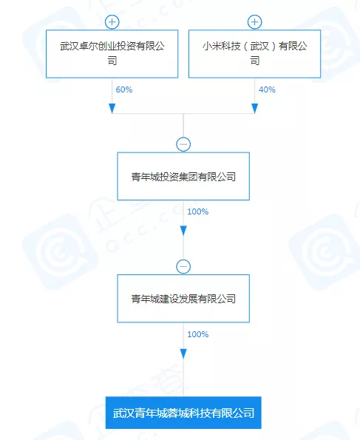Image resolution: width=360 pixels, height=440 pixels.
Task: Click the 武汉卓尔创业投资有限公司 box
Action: coord(112,54)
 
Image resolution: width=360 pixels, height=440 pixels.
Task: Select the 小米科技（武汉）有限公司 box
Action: coord(254,54)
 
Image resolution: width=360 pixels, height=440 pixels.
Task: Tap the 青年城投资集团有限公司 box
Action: coord(183,176)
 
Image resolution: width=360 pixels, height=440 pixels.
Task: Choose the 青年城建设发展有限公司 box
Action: coord(183,299)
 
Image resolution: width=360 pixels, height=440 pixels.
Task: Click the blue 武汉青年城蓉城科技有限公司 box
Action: coord(183,413)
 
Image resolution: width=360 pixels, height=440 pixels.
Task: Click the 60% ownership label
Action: coord(124,89)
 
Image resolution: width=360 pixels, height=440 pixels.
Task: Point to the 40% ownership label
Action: coord(267,89)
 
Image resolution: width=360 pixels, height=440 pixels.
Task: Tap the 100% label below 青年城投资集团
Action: coord(198,211)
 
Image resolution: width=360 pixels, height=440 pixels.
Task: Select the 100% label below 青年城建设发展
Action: coord(198,334)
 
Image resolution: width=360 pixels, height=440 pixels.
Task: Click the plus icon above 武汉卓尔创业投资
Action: coord(112,22)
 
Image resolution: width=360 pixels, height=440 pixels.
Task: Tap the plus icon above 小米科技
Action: coord(254,22)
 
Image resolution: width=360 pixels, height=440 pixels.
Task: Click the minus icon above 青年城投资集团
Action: coord(183,144)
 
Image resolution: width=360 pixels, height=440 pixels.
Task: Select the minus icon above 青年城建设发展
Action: coord(183,266)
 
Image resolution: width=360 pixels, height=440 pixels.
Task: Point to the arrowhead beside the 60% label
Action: coord(112,108)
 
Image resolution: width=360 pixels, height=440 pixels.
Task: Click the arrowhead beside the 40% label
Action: coord(254,108)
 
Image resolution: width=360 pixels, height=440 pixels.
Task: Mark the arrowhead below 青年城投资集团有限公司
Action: coord(183,231)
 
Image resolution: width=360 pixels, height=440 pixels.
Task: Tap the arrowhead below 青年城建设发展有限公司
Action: coord(183,353)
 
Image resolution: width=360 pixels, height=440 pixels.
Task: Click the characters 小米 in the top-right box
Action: coord(212,46)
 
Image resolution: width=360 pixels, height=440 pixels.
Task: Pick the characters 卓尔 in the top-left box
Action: coord(89,46)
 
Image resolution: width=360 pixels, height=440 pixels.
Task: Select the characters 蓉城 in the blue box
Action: coord(177,413)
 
